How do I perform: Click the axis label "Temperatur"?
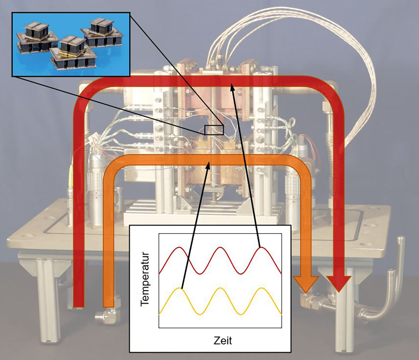(145, 279)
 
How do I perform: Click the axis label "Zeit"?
(223, 340)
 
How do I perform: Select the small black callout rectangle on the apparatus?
(214, 130)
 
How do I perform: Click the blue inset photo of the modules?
(71, 44)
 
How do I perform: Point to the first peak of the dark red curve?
(179, 247)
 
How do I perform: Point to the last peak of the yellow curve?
(261, 288)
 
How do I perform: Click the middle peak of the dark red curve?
(220, 247)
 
